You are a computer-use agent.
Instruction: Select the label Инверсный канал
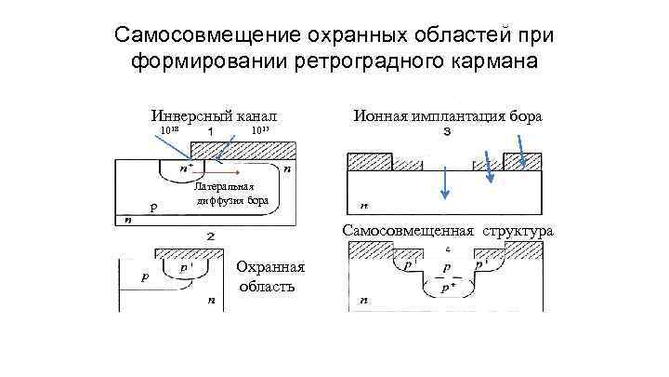coord(215,116)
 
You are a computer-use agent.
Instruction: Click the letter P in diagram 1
coord(153,207)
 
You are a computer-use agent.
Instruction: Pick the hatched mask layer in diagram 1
coord(243,150)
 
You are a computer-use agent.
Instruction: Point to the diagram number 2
coord(211,236)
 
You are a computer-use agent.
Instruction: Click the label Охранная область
coord(268,276)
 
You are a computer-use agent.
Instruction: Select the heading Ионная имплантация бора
coord(448,116)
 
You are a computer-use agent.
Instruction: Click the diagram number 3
coord(448,131)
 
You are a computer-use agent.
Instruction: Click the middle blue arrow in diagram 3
coord(446,182)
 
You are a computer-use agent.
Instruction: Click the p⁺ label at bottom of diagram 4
coord(448,289)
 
